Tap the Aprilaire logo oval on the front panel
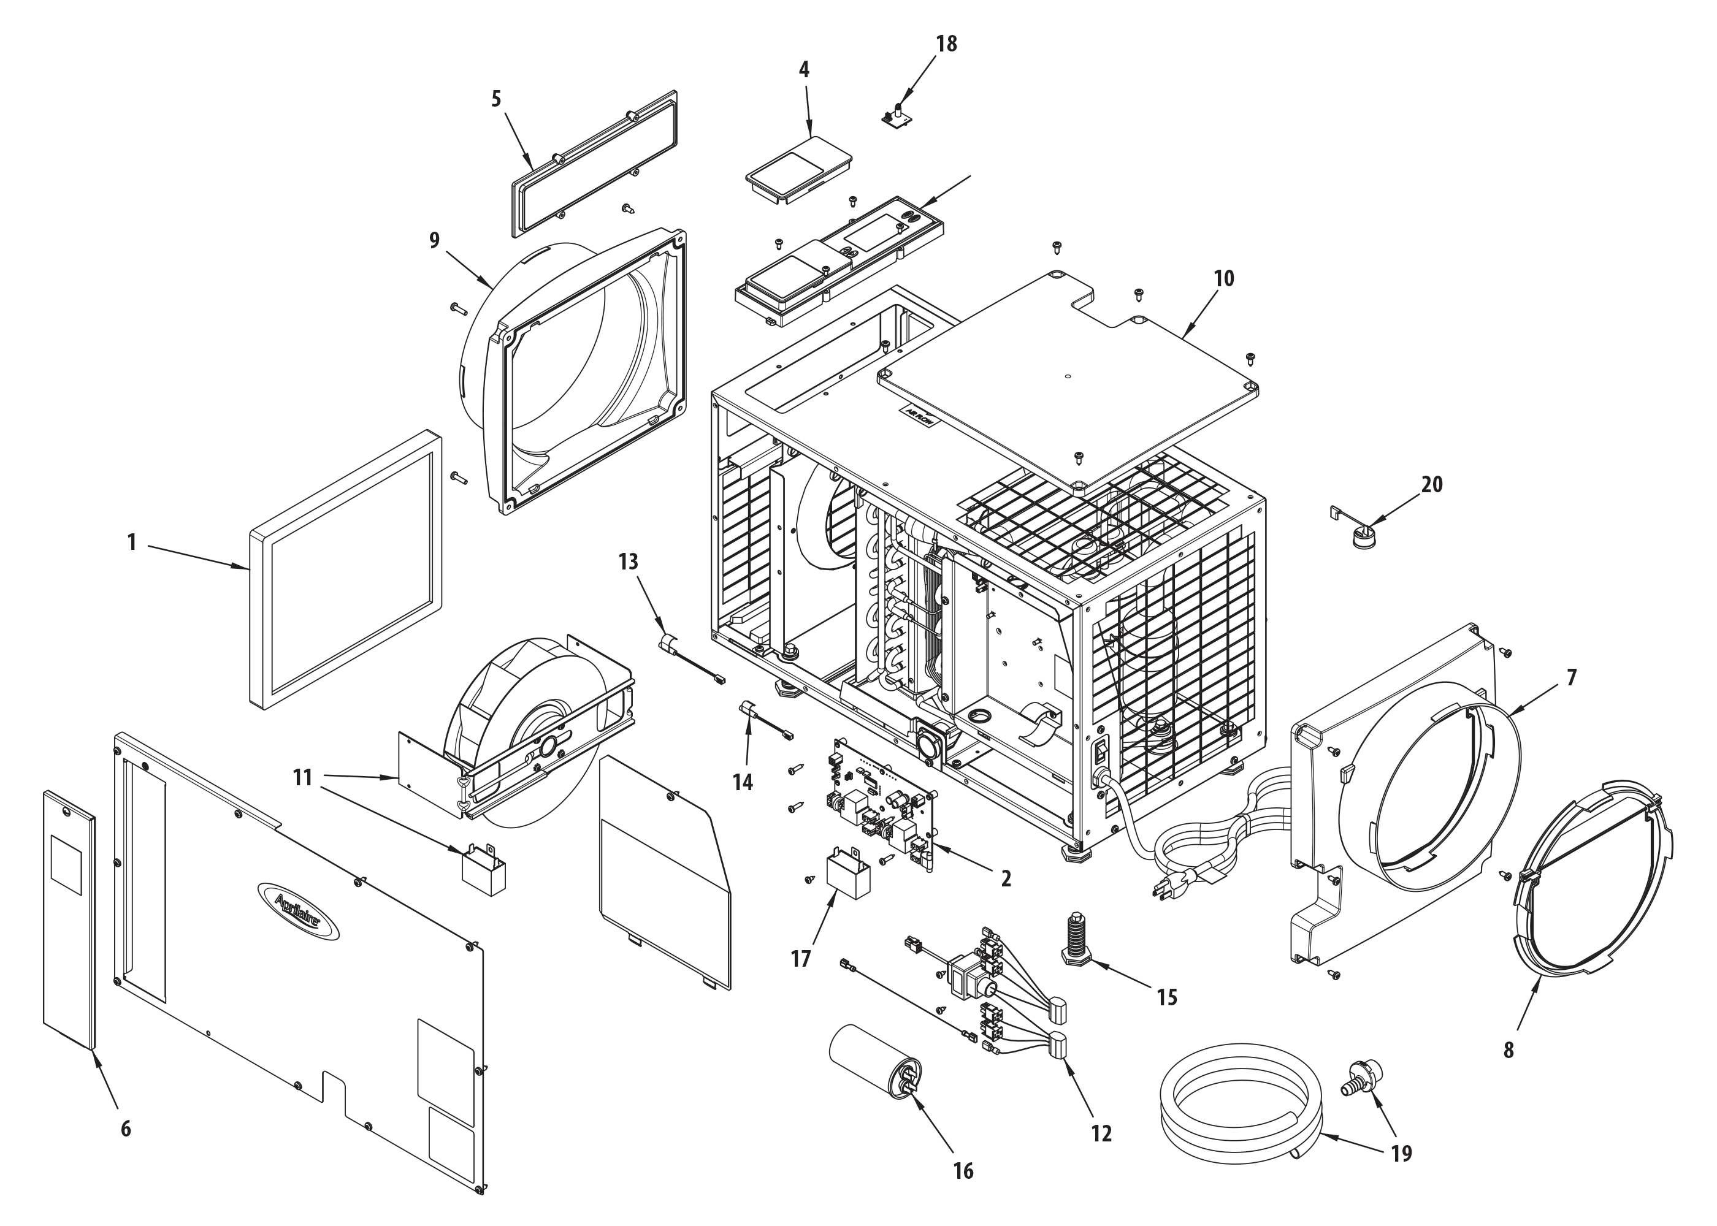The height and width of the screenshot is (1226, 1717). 298,911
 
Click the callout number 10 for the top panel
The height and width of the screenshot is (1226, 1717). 1224,278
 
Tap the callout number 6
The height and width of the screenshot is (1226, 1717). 125,1128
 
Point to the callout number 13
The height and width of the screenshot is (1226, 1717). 628,562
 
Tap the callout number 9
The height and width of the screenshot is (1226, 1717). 434,240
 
